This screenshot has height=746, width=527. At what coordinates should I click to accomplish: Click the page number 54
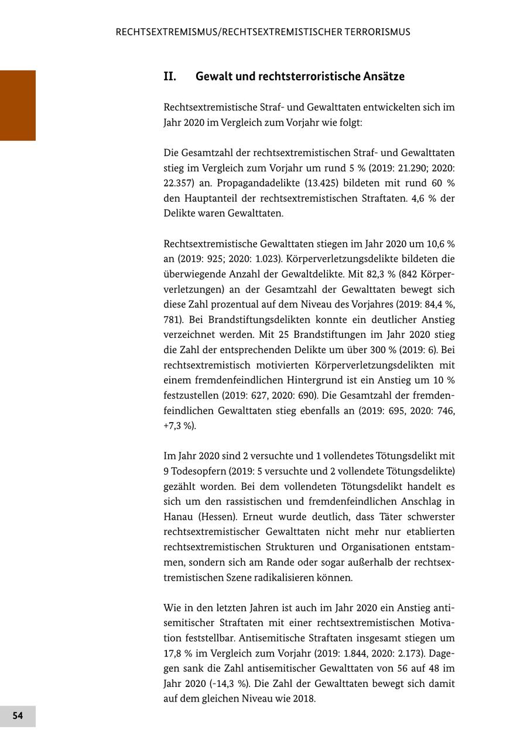[18, 716]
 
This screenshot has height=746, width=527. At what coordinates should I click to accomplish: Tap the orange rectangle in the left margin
[18, 105]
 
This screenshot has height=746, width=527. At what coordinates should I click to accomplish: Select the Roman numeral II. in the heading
[170, 77]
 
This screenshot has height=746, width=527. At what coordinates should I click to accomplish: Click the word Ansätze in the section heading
[384, 77]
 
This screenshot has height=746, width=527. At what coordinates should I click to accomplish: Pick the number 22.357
[177, 183]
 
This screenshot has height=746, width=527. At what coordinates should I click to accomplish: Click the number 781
[172, 320]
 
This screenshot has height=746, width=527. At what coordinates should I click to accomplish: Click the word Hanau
[178, 517]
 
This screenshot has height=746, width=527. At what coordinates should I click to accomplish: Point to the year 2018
[303, 699]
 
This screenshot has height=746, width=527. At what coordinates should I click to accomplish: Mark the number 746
[446, 411]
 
